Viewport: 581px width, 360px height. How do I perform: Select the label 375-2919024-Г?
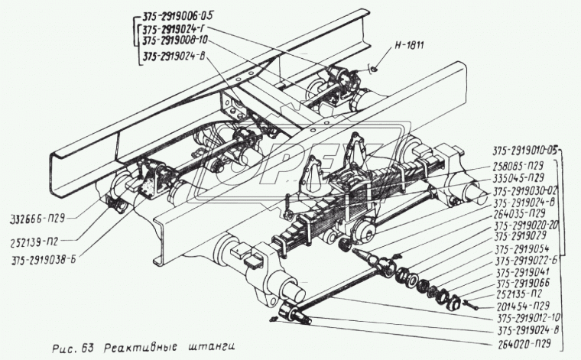(174, 30)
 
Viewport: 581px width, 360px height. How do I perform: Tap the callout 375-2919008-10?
(174, 41)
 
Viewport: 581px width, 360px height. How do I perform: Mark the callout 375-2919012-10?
(518, 319)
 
